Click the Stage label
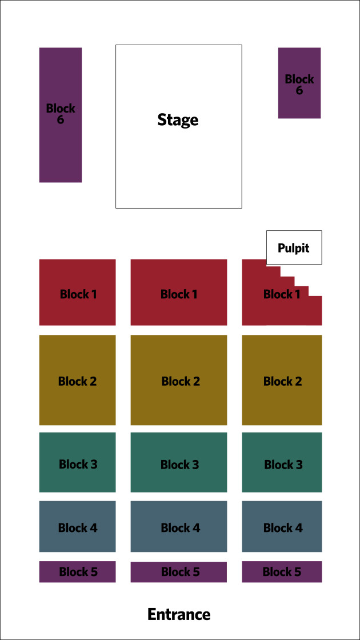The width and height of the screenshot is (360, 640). pyautogui.click(x=178, y=120)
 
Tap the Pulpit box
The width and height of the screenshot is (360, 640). pyautogui.click(x=294, y=247)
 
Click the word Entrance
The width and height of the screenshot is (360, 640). pyautogui.click(x=179, y=614)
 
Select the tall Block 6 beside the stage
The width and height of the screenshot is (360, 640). pyautogui.click(x=61, y=115)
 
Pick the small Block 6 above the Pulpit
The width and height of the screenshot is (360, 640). pyautogui.click(x=299, y=83)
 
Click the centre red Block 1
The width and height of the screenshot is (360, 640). pyautogui.click(x=179, y=292)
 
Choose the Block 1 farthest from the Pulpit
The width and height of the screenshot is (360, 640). pyautogui.click(x=78, y=292)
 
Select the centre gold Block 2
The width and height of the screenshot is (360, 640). pyautogui.click(x=179, y=380)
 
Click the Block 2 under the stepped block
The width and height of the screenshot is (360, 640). pyautogui.click(x=282, y=380)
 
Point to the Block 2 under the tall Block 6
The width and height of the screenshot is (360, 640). pyautogui.click(x=78, y=380)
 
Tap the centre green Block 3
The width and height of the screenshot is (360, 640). pyautogui.click(x=179, y=462)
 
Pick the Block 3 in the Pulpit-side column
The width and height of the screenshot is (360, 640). pyautogui.click(x=282, y=462)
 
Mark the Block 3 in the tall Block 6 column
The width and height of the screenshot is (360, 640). pyautogui.click(x=78, y=462)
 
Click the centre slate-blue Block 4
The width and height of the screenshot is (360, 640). pyautogui.click(x=179, y=526)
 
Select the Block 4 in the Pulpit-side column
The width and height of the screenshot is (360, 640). pyautogui.click(x=282, y=526)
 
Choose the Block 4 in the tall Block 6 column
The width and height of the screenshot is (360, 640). pyautogui.click(x=78, y=526)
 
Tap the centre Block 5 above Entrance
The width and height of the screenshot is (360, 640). pyautogui.click(x=179, y=572)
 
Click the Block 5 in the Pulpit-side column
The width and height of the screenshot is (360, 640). pyautogui.click(x=282, y=572)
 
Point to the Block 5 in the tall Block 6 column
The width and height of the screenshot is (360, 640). pyautogui.click(x=78, y=572)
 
